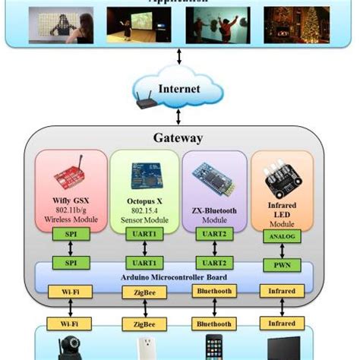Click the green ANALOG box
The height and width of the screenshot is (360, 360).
click(282, 236)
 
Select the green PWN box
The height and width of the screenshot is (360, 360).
click(282, 264)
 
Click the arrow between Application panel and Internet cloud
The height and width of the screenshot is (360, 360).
click(178, 58)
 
